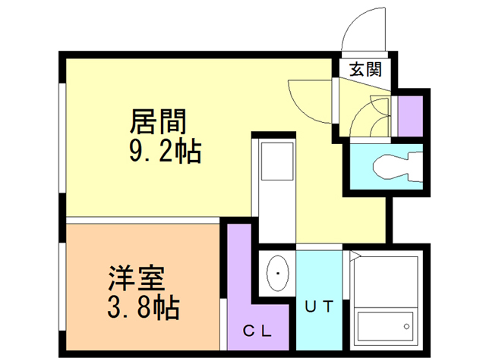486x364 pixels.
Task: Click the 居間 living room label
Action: (x=158, y=121)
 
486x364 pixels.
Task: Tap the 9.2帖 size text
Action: (x=166, y=152)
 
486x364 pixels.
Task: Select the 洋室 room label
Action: (x=137, y=278)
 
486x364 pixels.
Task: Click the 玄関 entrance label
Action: (x=365, y=69)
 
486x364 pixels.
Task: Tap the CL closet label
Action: (x=257, y=331)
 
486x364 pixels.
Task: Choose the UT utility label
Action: (x=319, y=306)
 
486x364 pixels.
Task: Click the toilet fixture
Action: (x=398, y=166)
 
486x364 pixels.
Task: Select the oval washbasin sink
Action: (x=278, y=273)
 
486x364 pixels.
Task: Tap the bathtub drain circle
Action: (x=406, y=326)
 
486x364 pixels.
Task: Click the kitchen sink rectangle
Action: (x=277, y=161)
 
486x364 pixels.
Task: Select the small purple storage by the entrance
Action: (x=410, y=116)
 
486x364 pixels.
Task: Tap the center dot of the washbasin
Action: (x=278, y=273)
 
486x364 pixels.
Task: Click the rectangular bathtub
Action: (x=385, y=326)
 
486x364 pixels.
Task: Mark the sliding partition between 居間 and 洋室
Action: (x=143, y=220)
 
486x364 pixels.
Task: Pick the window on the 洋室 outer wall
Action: (x=62, y=287)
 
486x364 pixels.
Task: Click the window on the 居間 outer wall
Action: (x=62, y=138)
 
